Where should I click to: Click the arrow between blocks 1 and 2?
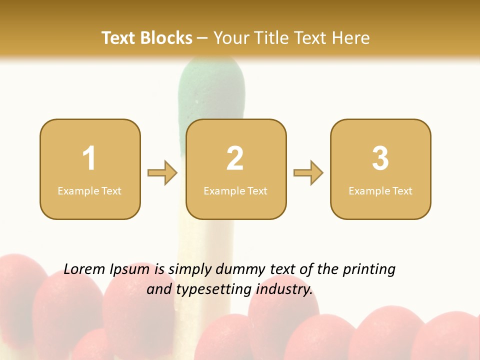[x=162, y=173]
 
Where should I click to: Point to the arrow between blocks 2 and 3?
[x=308, y=173]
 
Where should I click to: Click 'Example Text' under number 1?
[x=89, y=190]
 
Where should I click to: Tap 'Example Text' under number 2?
[x=235, y=190]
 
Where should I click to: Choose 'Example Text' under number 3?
[x=380, y=190]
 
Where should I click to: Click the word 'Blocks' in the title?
[x=166, y=38]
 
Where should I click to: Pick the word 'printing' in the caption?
[x=368, y=270]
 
